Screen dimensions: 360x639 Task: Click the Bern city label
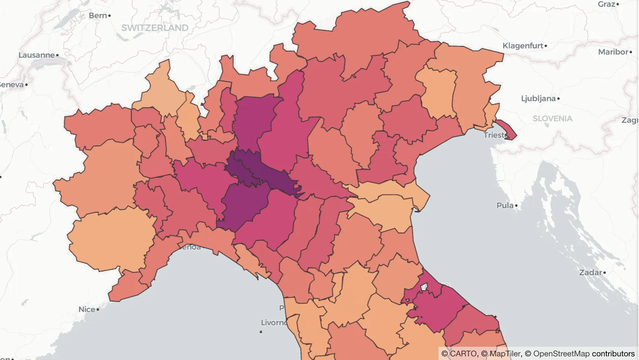pyautogui.click(x=98, y=15)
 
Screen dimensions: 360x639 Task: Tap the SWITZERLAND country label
pyautogui.click(x=155, y=28)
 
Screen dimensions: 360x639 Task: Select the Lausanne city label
pyautogui.click(x=36, y=55)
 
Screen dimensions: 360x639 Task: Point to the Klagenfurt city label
pyautogui.click(x=523, y=46)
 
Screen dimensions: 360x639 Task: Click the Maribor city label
pyautogui.click(x=613, y=52)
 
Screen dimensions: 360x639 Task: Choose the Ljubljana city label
pyautogui.click(x=538, y=98)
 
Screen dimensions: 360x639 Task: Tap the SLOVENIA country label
pyautogui.click(x=552, y=119)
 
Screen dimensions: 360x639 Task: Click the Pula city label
pyautogui.click(x=505, y=206)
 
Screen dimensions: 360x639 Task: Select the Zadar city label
pyautogui.click(x=591, y=273)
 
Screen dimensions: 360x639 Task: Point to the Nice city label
pyautogui.click(x=87, y=309)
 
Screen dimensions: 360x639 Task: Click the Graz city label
pyautogui.click(x=606, y=4)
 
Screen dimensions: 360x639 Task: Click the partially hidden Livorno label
pyautogui.click(x=273, y=323)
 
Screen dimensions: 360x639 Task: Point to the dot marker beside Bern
pyautogui.click(x=109, y=16)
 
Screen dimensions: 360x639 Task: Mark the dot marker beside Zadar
pyautogui.click(x=604, y=273)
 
